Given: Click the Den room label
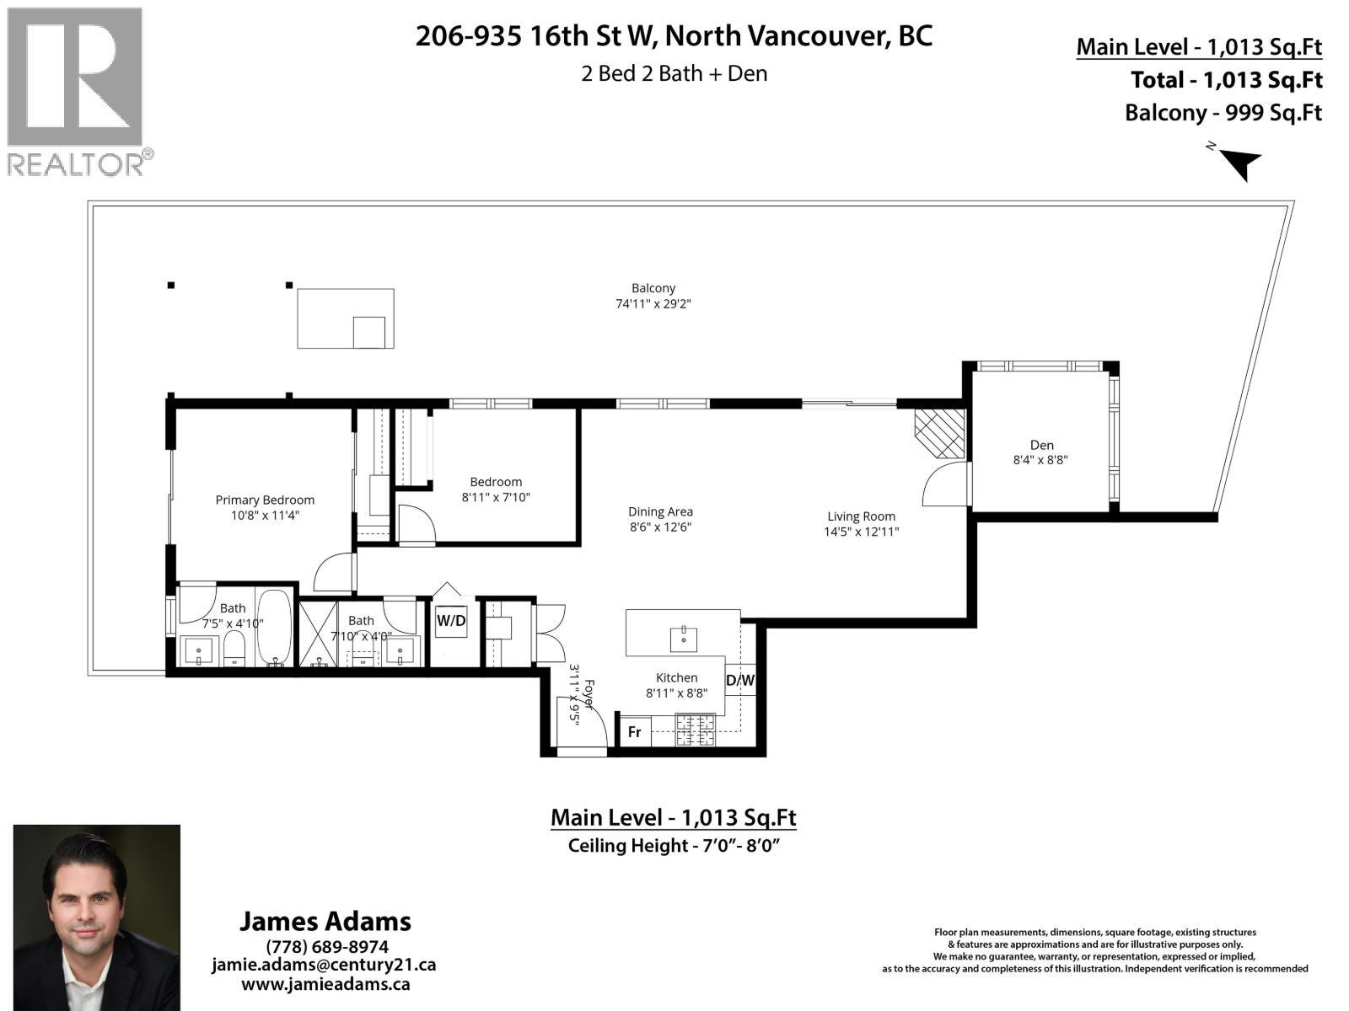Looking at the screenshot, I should click(x=1041, y=445).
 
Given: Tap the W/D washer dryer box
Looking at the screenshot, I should click(x=450, y=622).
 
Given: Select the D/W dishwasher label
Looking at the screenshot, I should click(x=740, y=680).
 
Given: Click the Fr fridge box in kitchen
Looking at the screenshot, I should click(x=634, y=732).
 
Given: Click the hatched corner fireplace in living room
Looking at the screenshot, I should click(x=940, y=433).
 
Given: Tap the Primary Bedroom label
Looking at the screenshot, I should click(x=265, y=500).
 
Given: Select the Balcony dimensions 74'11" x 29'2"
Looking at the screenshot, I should click(x=653, y=304).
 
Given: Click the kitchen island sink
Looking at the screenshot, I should click(x=683, y=639).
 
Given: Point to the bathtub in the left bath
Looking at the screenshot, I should click(x=273, y=628).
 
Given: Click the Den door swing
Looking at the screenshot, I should click(x=946, y=486).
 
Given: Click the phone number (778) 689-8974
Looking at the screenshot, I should click(x=326, y=946).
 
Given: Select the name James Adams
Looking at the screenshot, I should click(x=325, y=921).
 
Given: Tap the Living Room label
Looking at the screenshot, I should click(x=861, y=516).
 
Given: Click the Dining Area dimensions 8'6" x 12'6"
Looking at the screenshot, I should click(x=660, y=527).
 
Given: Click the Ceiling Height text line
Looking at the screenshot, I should click(x=672, y=845).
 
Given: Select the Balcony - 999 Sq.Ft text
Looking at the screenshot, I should click(x=1223, y=113).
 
